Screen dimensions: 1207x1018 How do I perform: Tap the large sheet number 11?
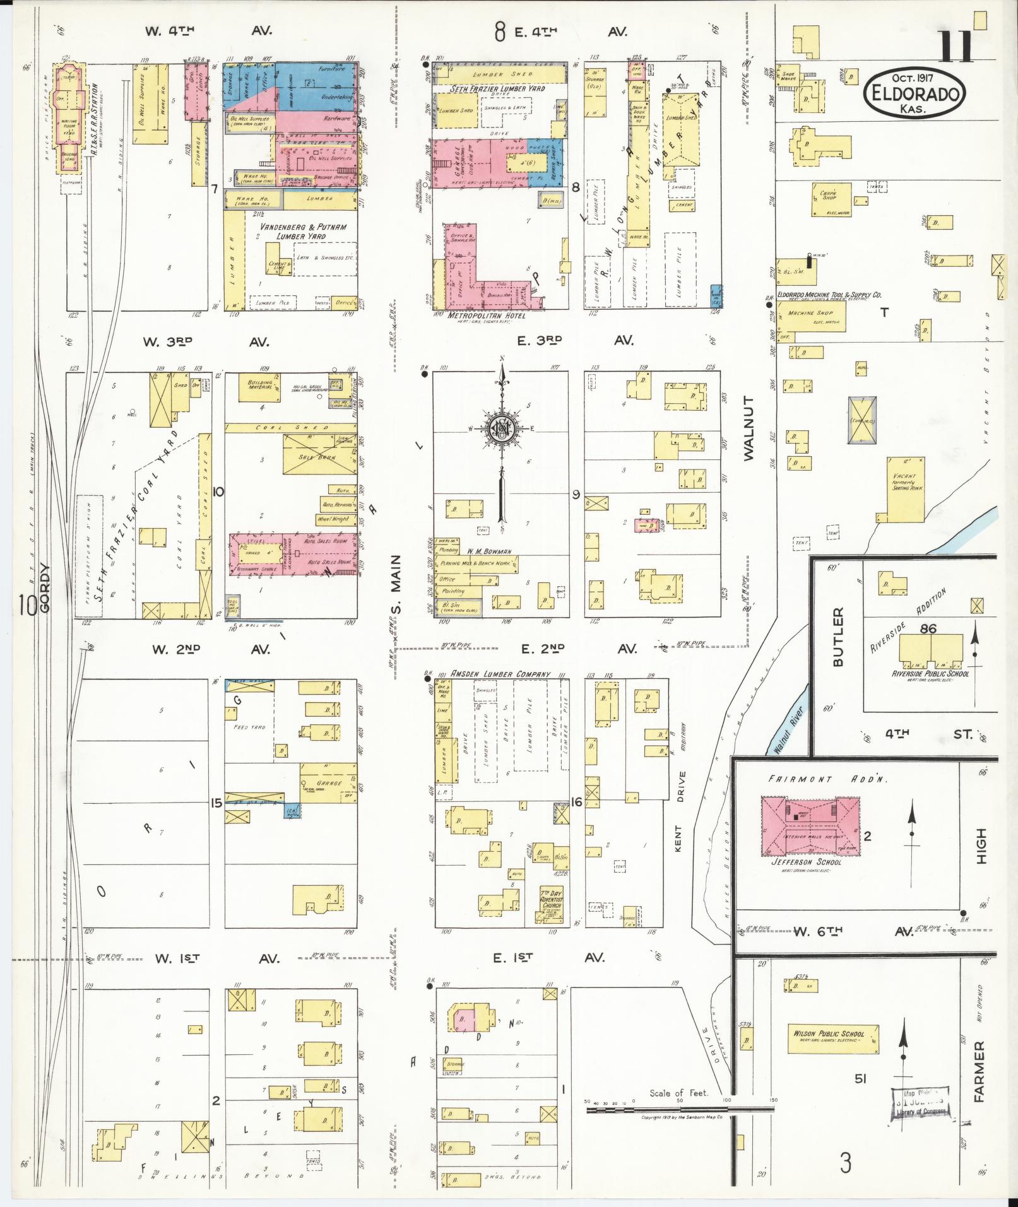[x=955, y=47]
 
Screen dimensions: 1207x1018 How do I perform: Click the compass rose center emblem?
[x=502, y=430]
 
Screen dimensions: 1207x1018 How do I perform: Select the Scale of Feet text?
[x=678, y=1093]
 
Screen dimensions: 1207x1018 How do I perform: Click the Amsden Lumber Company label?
[x=500, y=674]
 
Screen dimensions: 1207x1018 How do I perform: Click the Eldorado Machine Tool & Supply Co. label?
[x=829, y=295]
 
